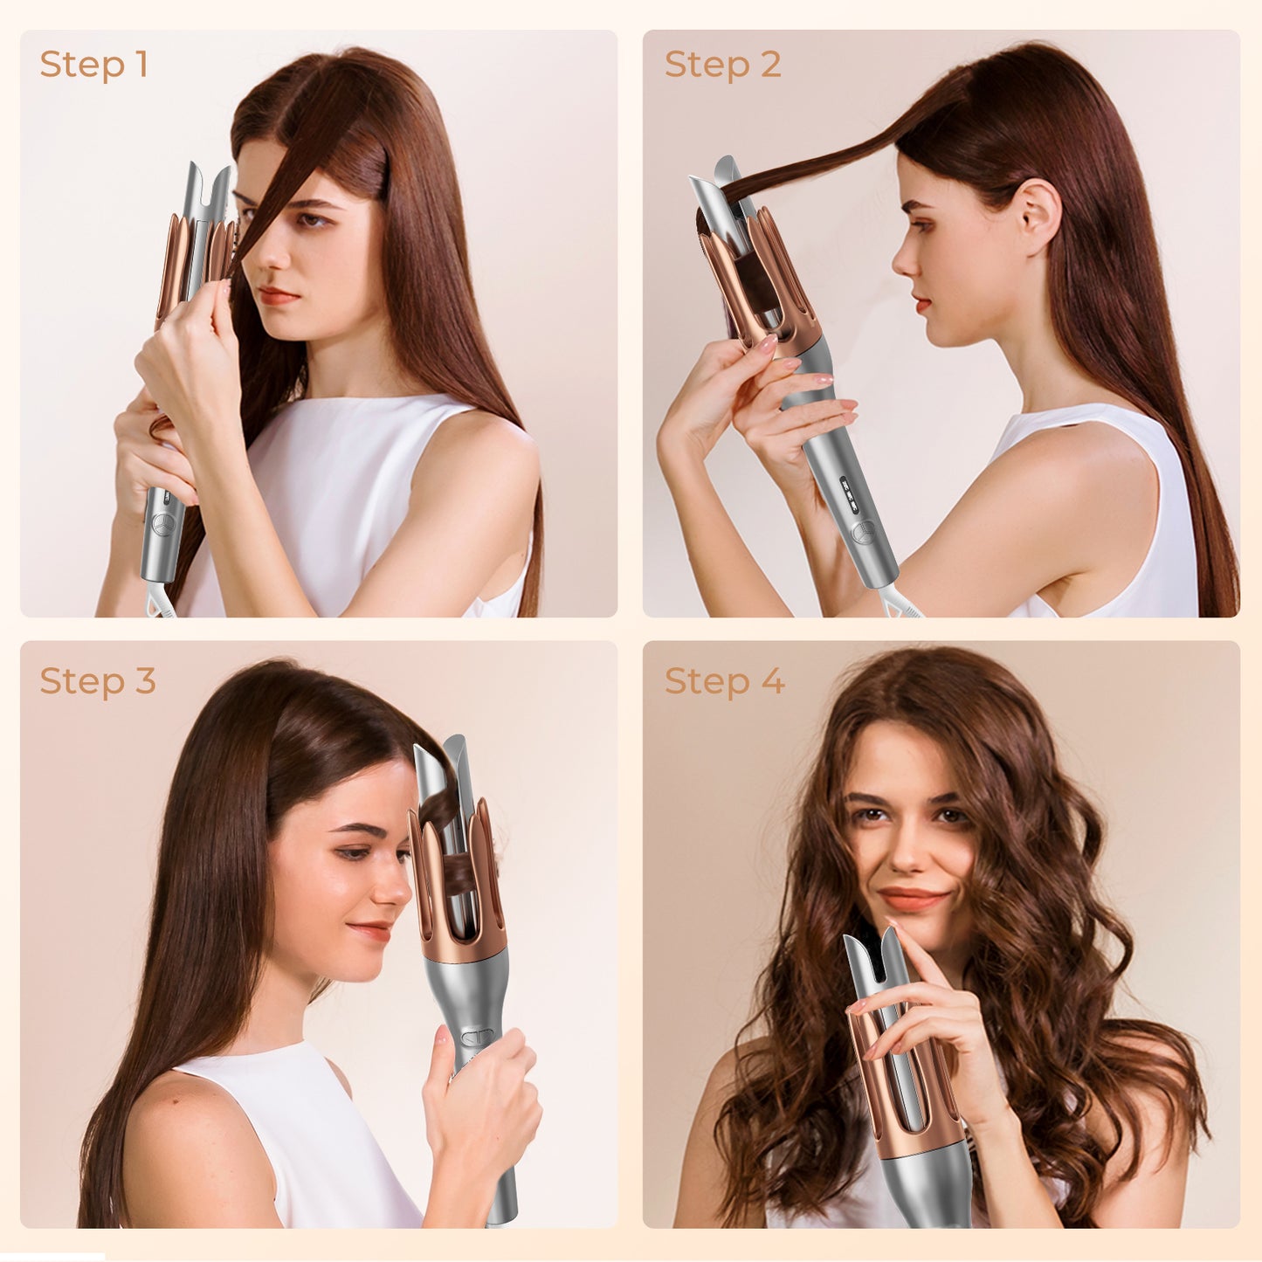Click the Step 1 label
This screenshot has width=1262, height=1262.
click(x=93, y=65)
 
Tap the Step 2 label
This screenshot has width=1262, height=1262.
click(x=722, y=65)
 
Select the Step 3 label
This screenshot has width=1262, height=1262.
click(x=97, y=681)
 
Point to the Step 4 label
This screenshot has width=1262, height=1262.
click(x=724, y=681)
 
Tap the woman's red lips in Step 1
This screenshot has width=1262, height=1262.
click(x=278, y=296)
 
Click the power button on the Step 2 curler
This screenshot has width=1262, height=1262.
click(x=864, y=529)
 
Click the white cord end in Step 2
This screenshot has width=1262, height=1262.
click(x=900, y=603)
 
